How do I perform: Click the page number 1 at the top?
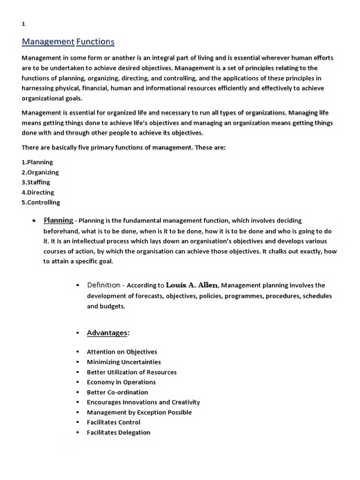click(x=23, y=25)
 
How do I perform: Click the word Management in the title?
click(x=48, y=42)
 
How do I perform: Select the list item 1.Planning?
click(x=37, y=162)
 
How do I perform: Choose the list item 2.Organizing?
click(x=40, y=172)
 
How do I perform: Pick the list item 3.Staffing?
click(x=36, y=182)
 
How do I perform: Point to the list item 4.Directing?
click(x=38, y=193)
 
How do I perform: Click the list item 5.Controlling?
click(x=41, y=202)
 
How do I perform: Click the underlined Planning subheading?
click(x=58, y=220)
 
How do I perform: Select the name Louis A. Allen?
click(x=192, y=285)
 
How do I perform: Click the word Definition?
click(x=104, y=285)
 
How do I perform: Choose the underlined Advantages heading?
click(x=108, y=333)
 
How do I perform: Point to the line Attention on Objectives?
click(x=122, y=352)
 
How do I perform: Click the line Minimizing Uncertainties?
click(x=124, y=362)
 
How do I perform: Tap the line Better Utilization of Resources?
click(x=132, y=372)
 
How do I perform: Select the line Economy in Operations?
click(x=121, y=382)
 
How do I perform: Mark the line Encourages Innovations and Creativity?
click(x=143, y=402)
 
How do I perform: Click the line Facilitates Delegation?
click(x=119, y=433)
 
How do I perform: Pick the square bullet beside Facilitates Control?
click(x=77, y=422)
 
